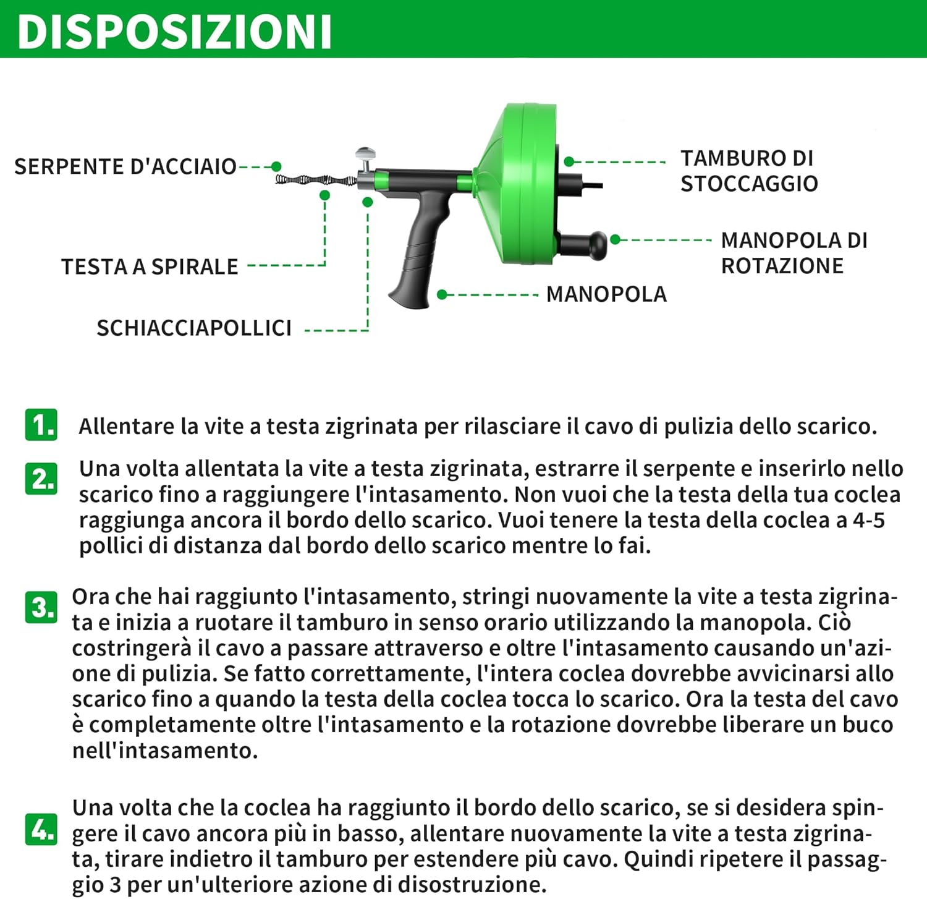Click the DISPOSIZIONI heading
(174, 31)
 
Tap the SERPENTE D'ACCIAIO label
(125, 167)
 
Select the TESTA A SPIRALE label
(150, 266)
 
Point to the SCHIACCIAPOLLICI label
(194, 328)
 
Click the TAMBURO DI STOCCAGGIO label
(749, 171)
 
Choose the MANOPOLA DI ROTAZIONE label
(794, 253)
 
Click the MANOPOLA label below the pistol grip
(606, 294)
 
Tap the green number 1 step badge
(41, 425)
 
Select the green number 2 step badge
(41, 479)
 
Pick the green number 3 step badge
(41, 607)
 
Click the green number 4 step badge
(41, 829)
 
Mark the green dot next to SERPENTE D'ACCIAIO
(276, 167)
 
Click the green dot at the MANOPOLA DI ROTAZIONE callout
(615, 240)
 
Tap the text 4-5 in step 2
(868, 521)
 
